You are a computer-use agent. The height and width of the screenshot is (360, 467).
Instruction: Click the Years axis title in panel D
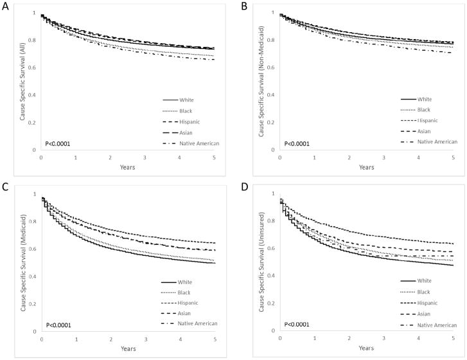(x=366, y=348)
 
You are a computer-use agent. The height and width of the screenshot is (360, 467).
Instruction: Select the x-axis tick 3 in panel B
(x=383, y=157)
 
